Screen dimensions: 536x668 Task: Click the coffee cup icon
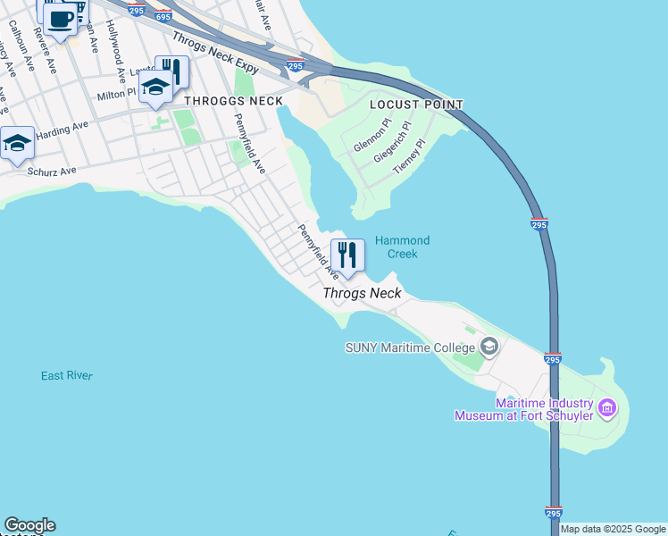pyautogui.click(x=61, y=18)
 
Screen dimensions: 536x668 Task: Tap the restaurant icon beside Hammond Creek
pyautogui.click(x=347, y=255)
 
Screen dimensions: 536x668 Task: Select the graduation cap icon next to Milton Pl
pyautogui.click(x=155, y=88)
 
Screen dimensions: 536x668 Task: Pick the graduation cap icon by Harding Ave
pyautogui.click(x=17, y=143)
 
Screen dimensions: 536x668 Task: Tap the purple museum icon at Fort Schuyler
pyautogui.click(x=607, y=409)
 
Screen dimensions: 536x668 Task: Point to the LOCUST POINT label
pyautogui.click(x=417, y=105)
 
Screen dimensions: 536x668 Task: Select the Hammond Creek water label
pyautogui.click(x=402, y=247)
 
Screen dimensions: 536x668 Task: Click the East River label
pyautogui.click(x=66, y=376)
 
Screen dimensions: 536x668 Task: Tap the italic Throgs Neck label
pyautogui.click(x=362, y=293)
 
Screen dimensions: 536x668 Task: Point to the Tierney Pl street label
pyautogui.click(x=410, y=155)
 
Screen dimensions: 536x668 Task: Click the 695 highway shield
pyautogui.click(x=163, y=16)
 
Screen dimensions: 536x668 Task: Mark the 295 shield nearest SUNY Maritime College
pyautogui.click(x=552, y=359)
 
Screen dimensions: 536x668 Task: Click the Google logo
pyautogui.click(x=29, y=525)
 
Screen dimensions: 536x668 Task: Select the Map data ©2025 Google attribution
pyautogui.click(x=613, y=529)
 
